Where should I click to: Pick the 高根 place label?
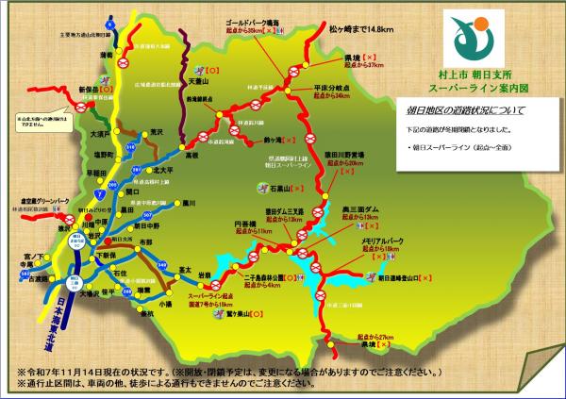(x=193, y=153)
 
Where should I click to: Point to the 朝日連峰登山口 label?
(x=404, y=278)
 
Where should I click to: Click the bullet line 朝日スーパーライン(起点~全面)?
(x=456, y=148)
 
